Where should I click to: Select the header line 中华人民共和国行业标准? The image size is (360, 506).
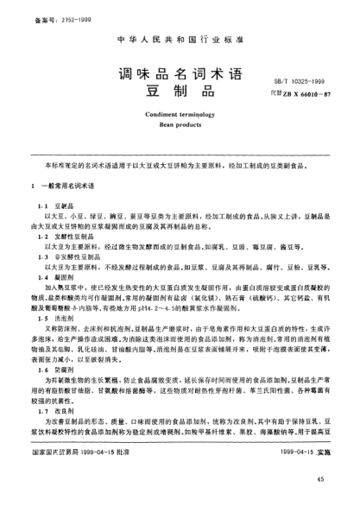(x=180, y=40)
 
